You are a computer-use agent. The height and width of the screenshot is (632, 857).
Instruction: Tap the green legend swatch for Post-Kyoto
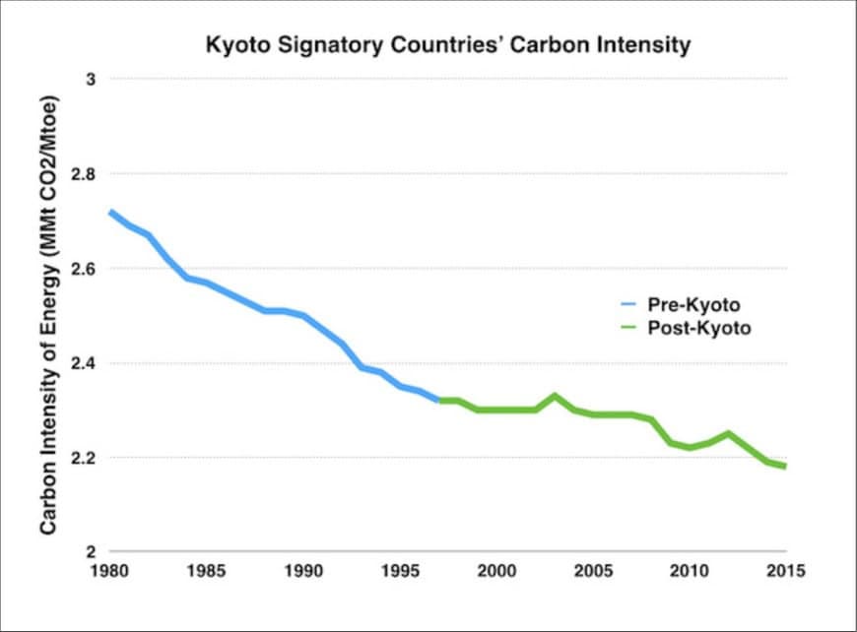click(625, 329)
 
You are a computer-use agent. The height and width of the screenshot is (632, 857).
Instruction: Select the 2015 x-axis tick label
click(785, 570)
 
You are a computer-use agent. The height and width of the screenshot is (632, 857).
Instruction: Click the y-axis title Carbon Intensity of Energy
click(48, 315)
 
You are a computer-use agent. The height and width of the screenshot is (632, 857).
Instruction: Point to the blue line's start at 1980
click(110, 212)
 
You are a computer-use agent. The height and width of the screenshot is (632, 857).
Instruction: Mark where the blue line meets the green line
click(438, 401)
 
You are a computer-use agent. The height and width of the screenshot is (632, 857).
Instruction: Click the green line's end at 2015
click(785, 466)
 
